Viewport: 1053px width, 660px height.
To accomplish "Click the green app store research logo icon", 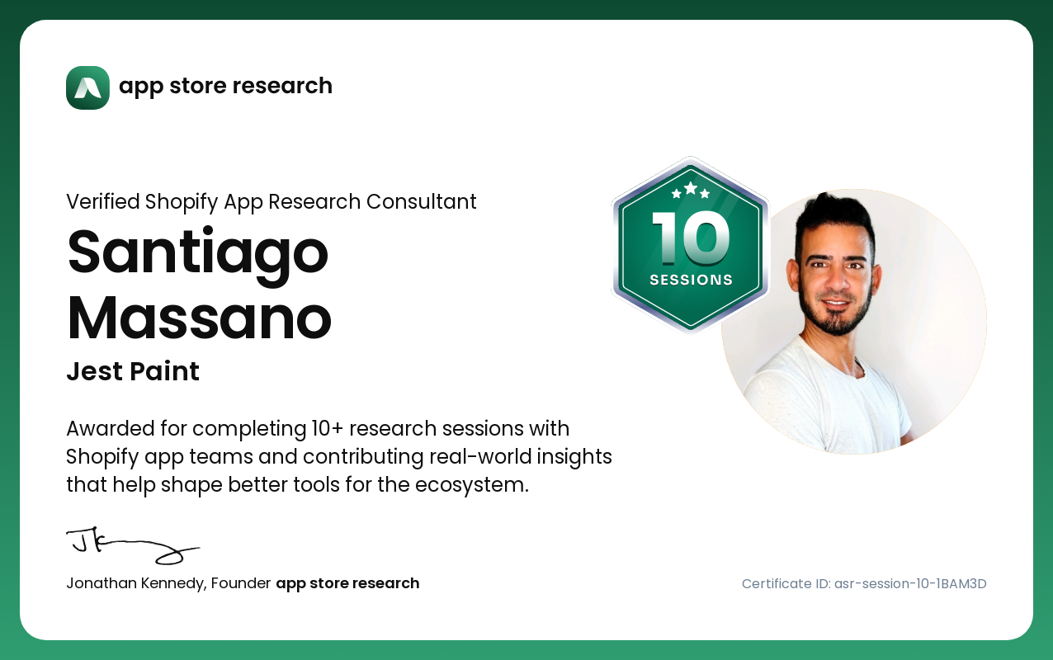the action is (x=88, y=87).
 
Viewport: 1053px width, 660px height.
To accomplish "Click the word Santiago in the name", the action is (x=198, y=254).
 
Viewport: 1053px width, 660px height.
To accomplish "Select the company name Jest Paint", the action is (x=133, y=371).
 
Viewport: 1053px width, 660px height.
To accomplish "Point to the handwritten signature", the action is (x=133, y=545).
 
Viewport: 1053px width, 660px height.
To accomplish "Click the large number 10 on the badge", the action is (x=691, y=238).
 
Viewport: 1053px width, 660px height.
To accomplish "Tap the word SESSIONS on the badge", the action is (x=691, y=280).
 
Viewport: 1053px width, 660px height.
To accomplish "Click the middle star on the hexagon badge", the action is (x=691, y=188).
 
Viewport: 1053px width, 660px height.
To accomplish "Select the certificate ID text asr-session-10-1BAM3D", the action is (x=910, y=583).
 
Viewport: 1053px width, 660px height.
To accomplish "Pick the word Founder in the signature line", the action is (x=241, y=583).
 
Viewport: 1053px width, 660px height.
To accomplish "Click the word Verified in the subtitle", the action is (x=103, y=201).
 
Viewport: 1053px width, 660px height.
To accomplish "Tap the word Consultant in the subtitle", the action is (x=421, y=201).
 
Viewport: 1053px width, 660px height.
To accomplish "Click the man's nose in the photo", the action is (x=836, y=279).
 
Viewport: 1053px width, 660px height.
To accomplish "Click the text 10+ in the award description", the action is (x=327, y=429).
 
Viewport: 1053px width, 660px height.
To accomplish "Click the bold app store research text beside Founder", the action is (x=347, y=583).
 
